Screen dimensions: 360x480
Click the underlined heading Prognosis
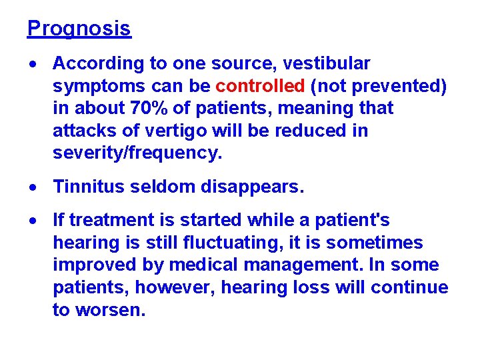79,29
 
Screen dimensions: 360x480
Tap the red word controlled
260,86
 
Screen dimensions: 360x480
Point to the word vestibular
326,63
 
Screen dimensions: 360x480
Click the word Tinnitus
90,187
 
